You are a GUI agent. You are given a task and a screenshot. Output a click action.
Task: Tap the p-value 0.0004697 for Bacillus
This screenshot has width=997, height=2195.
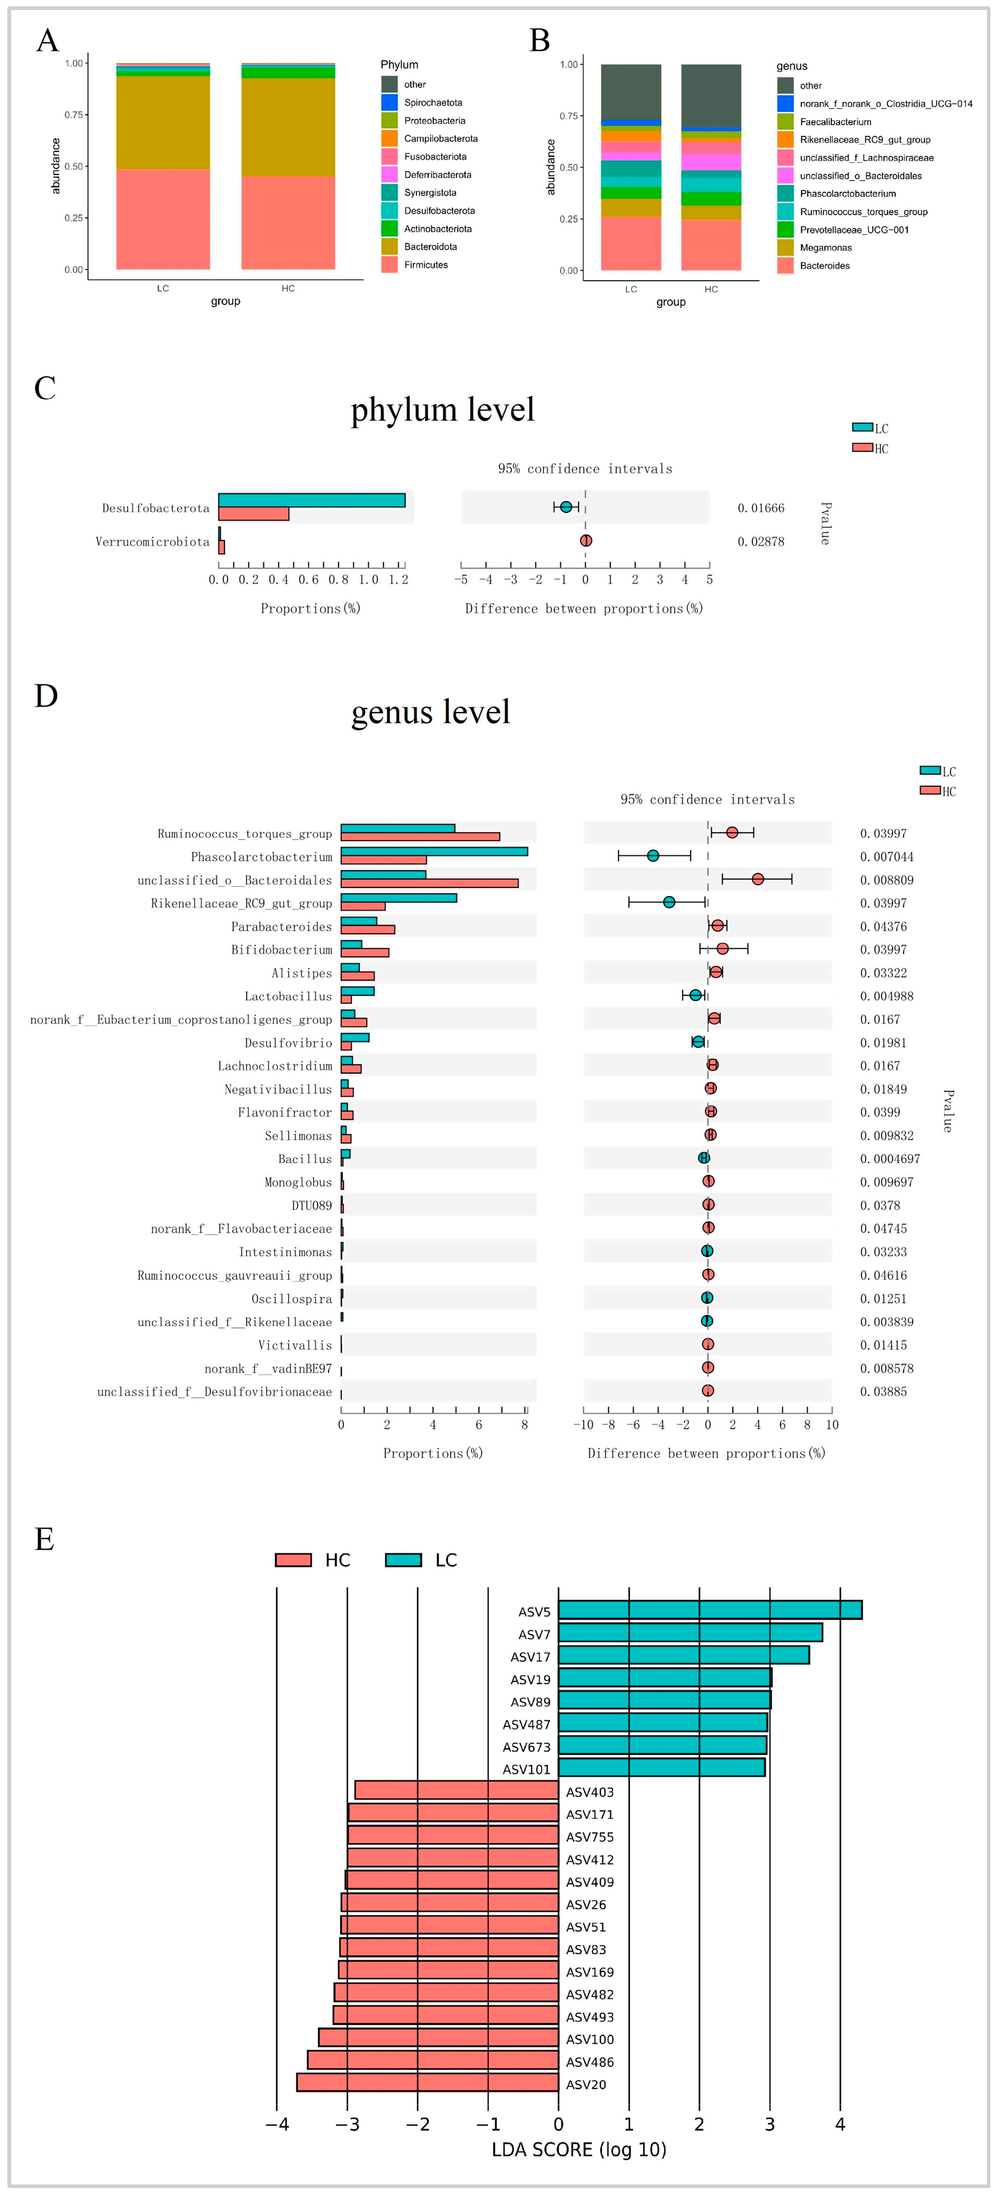coord(890,1159)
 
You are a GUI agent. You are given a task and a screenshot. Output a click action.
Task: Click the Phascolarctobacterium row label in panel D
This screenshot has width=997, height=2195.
coord(261,857)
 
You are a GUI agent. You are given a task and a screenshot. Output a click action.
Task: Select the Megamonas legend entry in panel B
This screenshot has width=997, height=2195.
coord(825,248)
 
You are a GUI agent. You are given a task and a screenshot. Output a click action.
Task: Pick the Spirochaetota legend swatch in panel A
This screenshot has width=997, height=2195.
coord(389,102)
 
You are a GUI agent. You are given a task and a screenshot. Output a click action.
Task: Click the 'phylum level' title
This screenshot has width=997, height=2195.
coord(442,410)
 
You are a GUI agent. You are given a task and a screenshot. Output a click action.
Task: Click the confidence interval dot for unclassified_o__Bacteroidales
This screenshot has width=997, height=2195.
coord(758,879)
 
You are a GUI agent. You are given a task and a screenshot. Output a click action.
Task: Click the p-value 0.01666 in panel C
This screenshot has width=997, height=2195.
coord(760,508)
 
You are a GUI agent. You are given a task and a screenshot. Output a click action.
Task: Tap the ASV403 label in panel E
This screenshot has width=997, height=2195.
coord(590,1792)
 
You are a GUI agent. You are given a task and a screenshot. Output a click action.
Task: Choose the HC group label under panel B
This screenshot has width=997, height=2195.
coord(711,289)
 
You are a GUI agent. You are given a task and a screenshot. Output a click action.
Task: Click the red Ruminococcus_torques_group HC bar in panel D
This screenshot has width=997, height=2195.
coord(420,836)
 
